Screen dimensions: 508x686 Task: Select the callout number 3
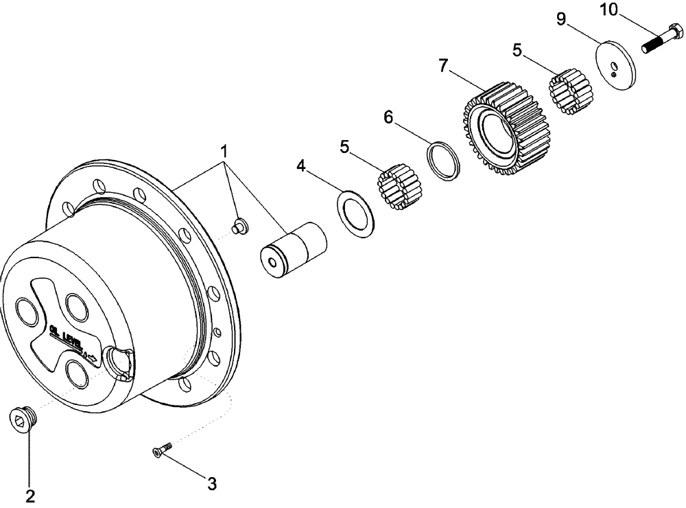tap(212, 484)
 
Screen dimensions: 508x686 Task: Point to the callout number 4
tap(301, 165)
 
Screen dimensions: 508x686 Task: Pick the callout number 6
tap(388, 117)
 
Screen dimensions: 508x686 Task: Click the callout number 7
tap(444, 66)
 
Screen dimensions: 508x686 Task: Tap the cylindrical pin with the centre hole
tap(292, 251)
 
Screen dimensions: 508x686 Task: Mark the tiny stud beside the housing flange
tap(240, 227)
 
